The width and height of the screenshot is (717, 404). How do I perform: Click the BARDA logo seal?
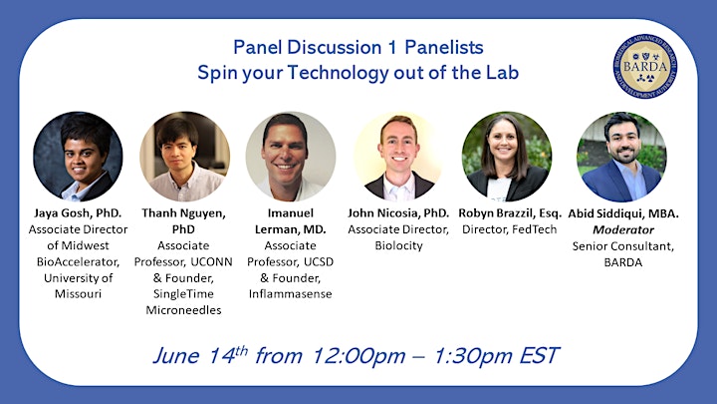pyautogui.click(x=644, y=67)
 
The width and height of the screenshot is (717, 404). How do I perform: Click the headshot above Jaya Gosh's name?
pyautogui.click(x=79, y=157)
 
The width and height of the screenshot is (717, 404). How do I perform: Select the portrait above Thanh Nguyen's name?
pyautogui.click(x=185, y=157)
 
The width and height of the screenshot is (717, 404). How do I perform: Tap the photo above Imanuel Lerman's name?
pyautogui.click(x=291, y=157)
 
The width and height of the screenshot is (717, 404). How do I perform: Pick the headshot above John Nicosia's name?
pyautogui.click(x=398, y=157)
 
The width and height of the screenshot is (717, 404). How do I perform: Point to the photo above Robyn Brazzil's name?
pyautogui.click(x=507, y=157)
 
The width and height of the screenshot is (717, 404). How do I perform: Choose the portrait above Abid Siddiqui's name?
pyautogui.click(x=621, y=157)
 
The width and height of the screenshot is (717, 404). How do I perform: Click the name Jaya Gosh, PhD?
pyautogui.click(x=78, y=213)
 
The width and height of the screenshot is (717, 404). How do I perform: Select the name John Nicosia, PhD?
pyautogui.click(x=398, y=213)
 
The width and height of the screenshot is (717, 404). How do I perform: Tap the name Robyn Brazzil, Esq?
pyautogui.click(x=510, y=213)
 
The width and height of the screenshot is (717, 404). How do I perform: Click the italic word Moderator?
pyautogui.click(x=623, y=229)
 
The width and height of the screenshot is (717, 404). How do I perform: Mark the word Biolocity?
pyautogui.click(x=398, y=245)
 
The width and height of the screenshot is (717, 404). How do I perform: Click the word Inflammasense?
pyautogui.click(x=291, y=294)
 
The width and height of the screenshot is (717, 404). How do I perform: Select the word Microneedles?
pyautogui.click(x=183, y=310)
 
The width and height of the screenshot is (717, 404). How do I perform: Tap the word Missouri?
pyautogui.click(x=79, y=293)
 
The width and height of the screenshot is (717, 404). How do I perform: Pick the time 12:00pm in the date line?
pyautogui.click(x=358, y=356)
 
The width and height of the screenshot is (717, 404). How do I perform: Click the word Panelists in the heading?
pyautogui.click(x=444, y=47)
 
